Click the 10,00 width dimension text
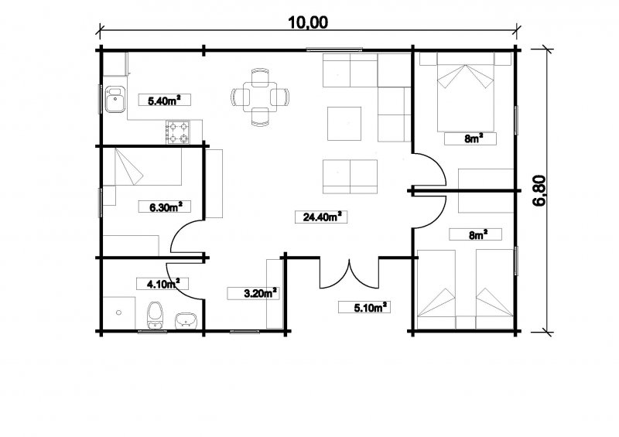pyautogui.click(x=308, y=22)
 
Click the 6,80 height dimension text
pyautogui.click(x=539, y=191)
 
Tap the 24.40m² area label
pyautogui.click(x=321, y=217)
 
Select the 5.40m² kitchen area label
pyautogui.click(x=165, y=100)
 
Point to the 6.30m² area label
pyautogui.click(x=165, y=207)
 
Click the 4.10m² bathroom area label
pyautogui.click(x=162, y=283)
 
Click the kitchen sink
pyautogui.click(x=115, y=99)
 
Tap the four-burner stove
pyautogui.click(x=178, y=132)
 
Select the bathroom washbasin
pyautogui.click(x=186, y=320)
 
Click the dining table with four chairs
pyautogui.click(x=261, y=97)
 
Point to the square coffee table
pyautogui.click(x=344, y=124)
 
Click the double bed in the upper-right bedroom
pyautogui.click(x=466, y=92)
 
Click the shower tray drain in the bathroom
pyautogui.click(x=119, y=312)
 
